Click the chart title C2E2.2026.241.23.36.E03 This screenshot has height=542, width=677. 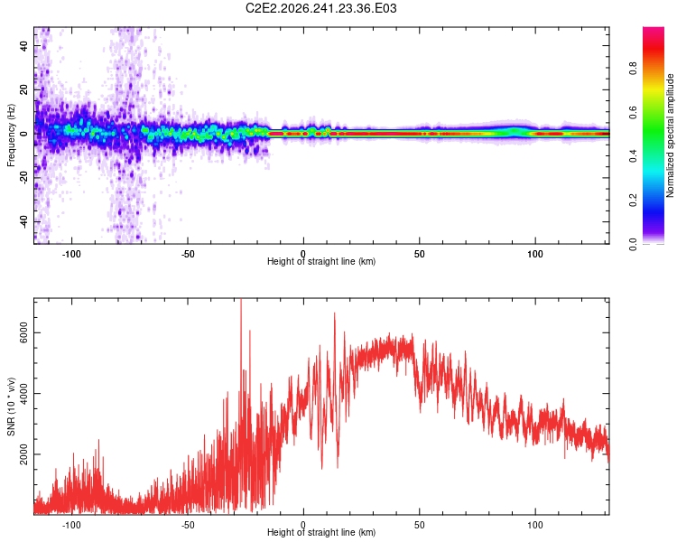[320, 8]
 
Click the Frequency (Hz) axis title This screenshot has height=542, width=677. [11, 135]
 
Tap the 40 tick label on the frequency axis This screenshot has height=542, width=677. [23, 45]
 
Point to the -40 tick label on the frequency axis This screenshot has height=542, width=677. [23, 221]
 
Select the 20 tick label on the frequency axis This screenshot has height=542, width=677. [23, 89]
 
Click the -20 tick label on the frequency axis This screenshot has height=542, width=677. [23, 178]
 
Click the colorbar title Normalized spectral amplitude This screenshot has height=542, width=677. [670, 135]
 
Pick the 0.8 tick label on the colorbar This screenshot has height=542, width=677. [633, 69]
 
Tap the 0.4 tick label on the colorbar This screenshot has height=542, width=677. [633, 155]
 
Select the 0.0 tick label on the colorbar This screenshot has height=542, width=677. [633, 244]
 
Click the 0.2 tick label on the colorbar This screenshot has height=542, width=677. [633, 201]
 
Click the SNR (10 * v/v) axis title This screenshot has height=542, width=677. [11, 406]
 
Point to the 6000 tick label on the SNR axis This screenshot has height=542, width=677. [23, 332]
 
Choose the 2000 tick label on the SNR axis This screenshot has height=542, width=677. [23, 454]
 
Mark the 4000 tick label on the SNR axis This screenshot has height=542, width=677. [23, 393]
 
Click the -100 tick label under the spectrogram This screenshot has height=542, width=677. [71, 254]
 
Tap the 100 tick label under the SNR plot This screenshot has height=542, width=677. [535, 525]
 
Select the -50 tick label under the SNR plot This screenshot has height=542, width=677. [188, 525]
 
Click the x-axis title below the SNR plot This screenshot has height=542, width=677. [321, 532]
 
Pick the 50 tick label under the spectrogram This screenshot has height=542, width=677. [419, 254]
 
